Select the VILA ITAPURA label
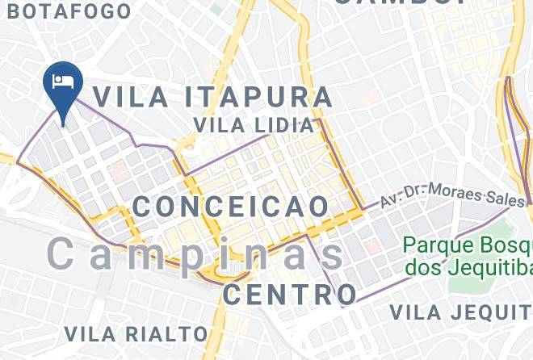click(212, 97)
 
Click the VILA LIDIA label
click(254, 125)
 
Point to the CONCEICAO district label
click(231, 207)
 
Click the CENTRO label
click(290, 295)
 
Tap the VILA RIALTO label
click(136, 333)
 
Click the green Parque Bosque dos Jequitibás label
click(467, 255)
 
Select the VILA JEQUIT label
click(460, 312)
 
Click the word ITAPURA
click(258, 97)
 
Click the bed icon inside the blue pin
click(62, 82)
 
